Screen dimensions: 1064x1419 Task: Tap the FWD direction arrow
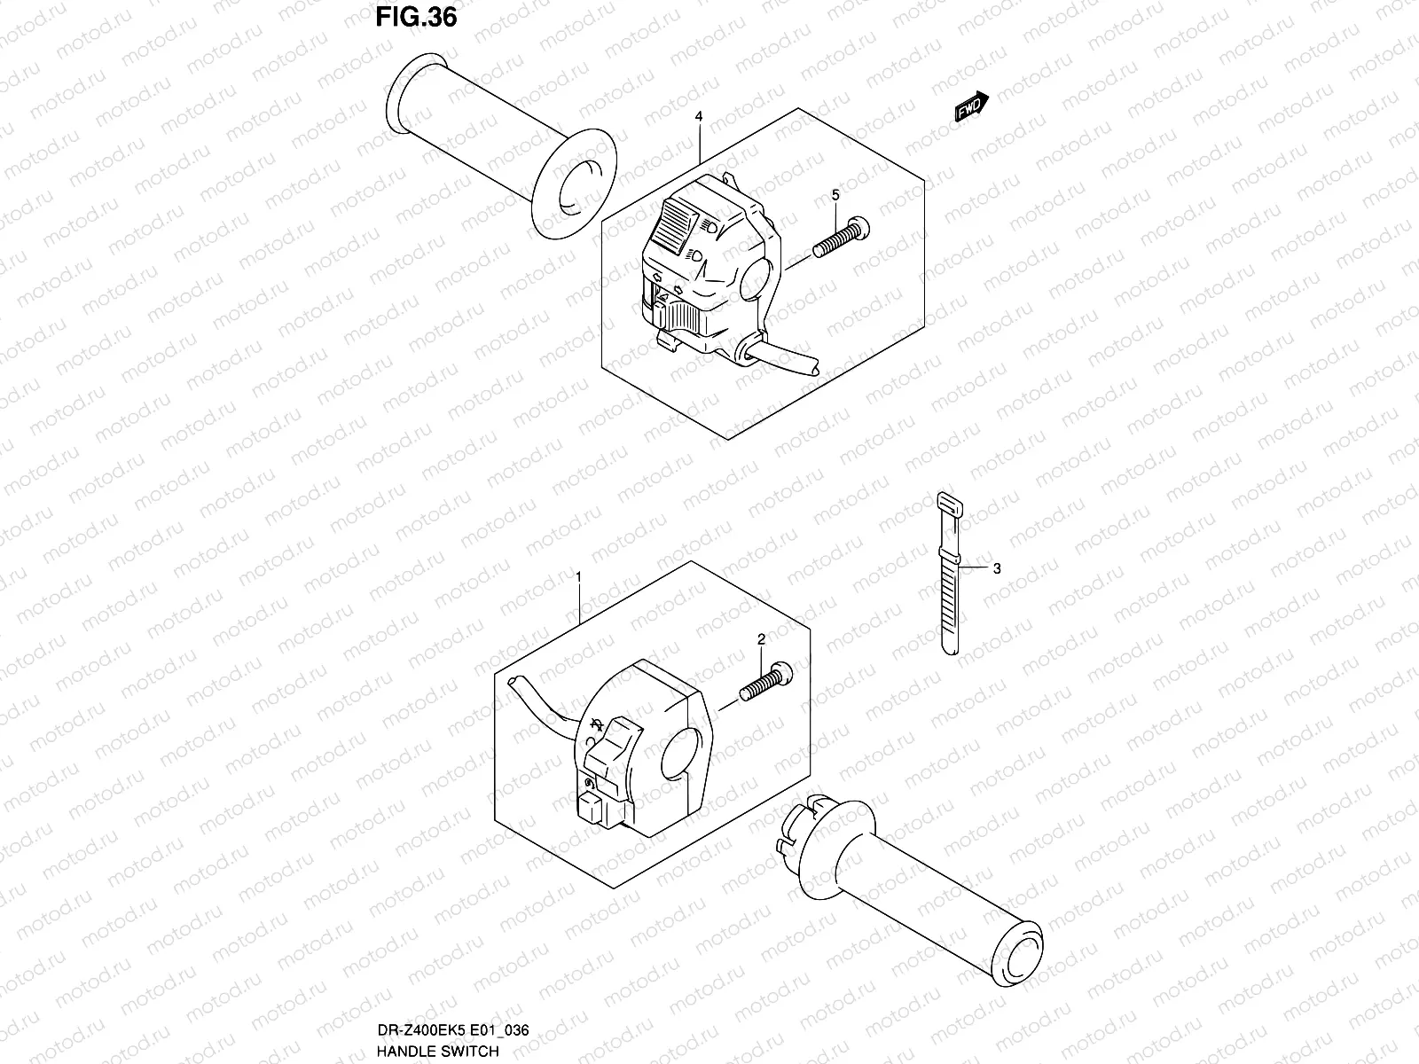(971, 106)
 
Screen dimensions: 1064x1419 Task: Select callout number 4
(699, 116)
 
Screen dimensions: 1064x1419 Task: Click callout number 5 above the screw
(835, 194)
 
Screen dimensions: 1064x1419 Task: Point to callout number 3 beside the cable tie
(997, 568)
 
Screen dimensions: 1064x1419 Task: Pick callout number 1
(578, 577)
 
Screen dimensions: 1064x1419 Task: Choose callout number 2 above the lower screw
(761, 638)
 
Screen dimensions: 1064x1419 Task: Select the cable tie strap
(949, 576)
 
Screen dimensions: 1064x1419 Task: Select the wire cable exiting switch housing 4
(785, 358)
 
